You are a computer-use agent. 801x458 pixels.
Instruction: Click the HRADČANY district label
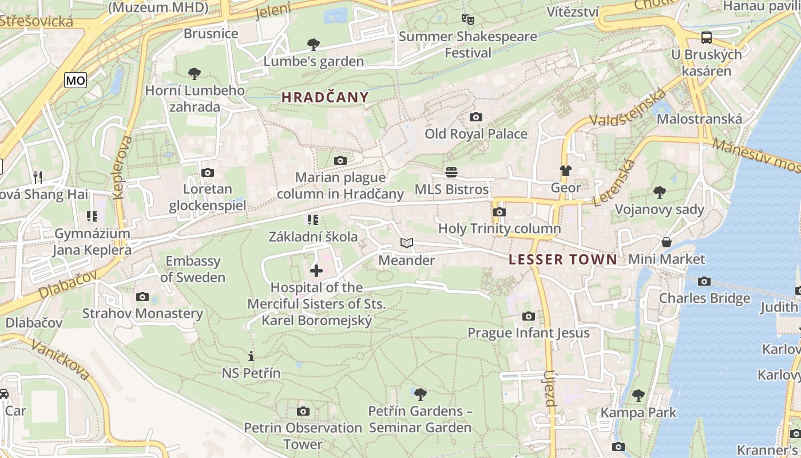325,97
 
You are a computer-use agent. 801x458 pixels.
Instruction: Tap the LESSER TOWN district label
563,259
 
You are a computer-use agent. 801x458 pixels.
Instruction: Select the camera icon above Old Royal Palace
475,117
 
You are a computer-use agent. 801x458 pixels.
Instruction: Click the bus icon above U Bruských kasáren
707,38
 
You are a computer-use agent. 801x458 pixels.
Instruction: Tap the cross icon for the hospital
316,271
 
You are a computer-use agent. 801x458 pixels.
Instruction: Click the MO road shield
75,81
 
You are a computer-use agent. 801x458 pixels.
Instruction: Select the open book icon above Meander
406,243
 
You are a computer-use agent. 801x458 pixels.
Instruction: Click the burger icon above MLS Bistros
451,172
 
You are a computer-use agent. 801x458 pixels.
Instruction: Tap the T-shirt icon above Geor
565,171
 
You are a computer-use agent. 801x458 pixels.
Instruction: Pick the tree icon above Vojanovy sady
659,192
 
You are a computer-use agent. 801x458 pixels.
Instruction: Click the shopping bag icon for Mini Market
667,242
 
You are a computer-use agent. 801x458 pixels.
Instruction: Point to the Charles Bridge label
704,298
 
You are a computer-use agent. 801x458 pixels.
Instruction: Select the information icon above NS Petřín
251,356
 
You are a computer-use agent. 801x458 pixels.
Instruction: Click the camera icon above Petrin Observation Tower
303,411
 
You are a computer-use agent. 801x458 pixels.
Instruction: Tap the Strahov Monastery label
142,314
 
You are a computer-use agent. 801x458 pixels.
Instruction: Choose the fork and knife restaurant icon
38,177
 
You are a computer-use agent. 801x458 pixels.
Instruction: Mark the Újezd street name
549,388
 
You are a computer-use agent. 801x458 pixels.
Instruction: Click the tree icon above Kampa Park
638,396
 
